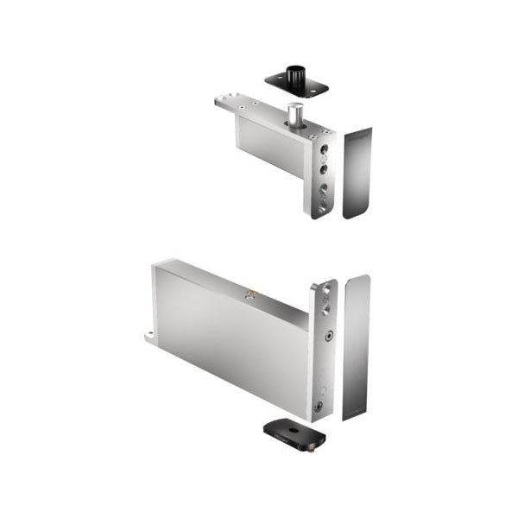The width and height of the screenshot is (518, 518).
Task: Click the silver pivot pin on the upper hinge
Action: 295,116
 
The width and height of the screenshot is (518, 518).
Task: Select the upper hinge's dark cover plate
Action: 357,173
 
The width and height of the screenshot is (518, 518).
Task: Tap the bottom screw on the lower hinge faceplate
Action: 319,406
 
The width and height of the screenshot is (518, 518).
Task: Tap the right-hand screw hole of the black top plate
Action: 321,86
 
